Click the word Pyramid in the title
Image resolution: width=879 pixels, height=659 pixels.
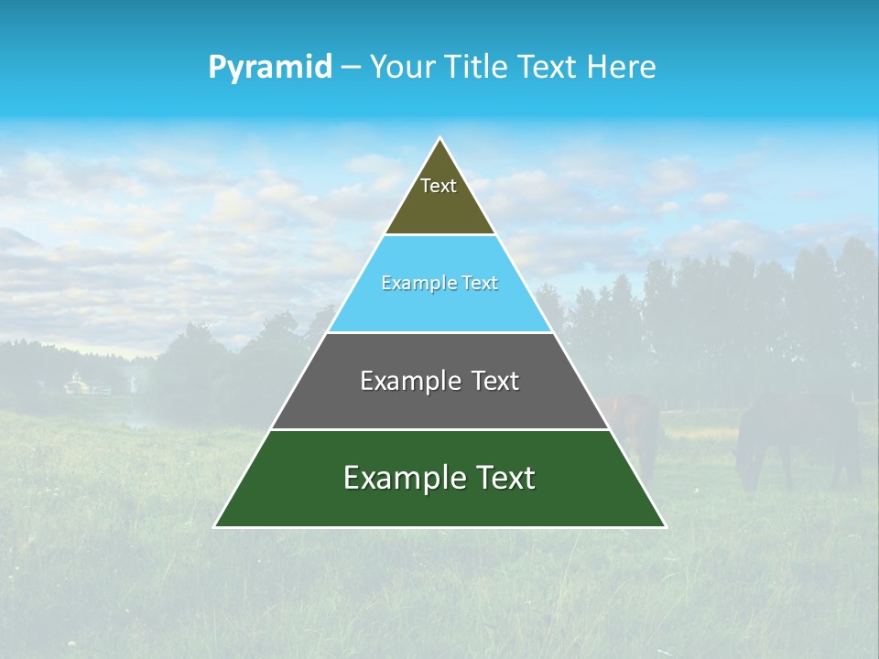point(269,67)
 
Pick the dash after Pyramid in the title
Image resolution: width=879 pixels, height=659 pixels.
point(351,67)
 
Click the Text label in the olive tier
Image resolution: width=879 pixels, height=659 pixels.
point(439,186)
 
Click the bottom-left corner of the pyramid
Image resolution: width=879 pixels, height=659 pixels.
point(215,526)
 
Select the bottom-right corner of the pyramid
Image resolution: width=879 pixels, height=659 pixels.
point(665,526)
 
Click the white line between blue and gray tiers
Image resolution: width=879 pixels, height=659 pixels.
point(440,332)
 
